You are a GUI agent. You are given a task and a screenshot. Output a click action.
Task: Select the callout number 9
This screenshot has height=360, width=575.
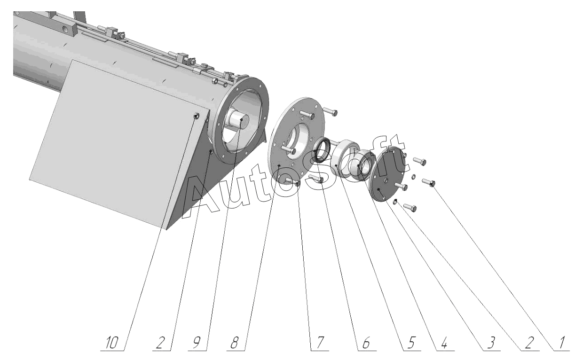click(197, 343)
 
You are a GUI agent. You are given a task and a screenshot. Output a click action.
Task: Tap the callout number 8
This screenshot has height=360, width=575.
click(234, 343)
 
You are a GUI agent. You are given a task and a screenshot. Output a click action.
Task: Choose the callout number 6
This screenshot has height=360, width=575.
click(365, 343)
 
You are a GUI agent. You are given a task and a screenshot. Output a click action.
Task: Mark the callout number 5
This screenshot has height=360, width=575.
click(410, 343)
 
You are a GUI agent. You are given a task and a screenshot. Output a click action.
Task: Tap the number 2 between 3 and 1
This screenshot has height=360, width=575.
click(529, 343)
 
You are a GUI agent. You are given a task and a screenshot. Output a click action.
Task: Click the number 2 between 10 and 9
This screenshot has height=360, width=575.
click(160, 343)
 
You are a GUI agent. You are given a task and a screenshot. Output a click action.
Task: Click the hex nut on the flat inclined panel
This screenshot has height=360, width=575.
click(196, 116)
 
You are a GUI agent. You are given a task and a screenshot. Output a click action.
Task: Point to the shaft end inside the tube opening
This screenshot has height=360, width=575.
click(239, 121)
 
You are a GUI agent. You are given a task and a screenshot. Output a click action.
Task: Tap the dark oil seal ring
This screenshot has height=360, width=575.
click(322, 150)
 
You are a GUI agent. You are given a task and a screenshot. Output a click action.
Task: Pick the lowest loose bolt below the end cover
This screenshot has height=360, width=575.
click(410, 207)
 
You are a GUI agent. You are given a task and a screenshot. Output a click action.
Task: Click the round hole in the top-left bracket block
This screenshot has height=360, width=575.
click(67, 28)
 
